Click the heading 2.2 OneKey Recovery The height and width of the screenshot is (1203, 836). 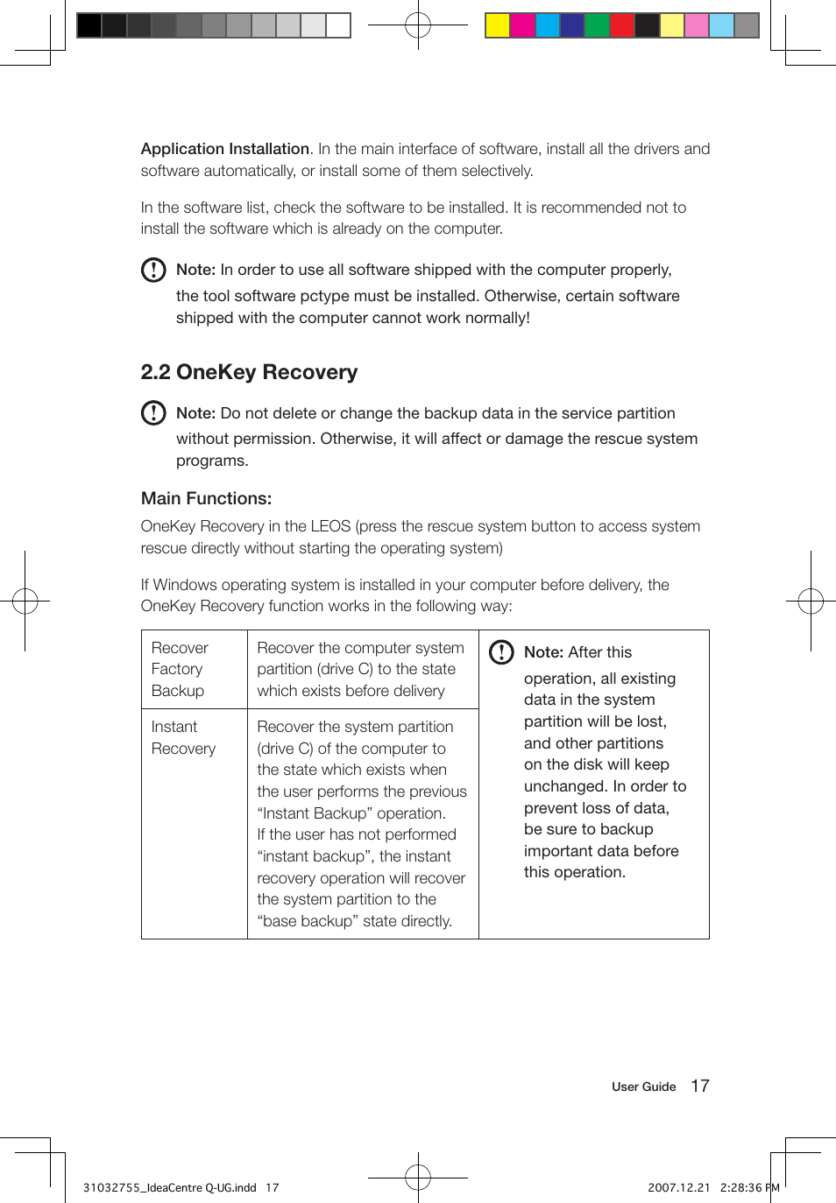pos(249,372)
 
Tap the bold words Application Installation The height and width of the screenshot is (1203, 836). pos(225,149)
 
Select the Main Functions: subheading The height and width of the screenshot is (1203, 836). pos(206,498)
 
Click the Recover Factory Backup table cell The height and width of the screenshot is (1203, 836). pos(180,669)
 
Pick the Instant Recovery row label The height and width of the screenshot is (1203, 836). pos(182,737)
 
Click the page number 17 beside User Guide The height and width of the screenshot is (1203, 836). pos(699,1086)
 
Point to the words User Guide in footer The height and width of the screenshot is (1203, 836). pos(643,1087)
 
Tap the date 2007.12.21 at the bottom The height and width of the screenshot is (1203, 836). pos(678,1187)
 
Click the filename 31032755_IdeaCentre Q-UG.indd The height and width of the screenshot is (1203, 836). pos(169,1187)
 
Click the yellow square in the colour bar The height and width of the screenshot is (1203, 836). pos(498,25)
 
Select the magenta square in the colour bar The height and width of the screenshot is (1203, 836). pos(522,25)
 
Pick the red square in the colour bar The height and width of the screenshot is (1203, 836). pos(622,25)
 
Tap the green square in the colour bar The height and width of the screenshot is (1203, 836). pos(597,25)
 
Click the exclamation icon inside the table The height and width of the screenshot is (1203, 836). pos(501,652)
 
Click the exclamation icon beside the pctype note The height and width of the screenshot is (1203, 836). pos(153,270)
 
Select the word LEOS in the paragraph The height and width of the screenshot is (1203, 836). pos(330,526)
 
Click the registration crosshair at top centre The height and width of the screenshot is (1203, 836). pos(418,25)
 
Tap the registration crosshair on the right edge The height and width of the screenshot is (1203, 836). pos(811,601)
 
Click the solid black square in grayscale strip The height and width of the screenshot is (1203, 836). pos(89,25)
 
